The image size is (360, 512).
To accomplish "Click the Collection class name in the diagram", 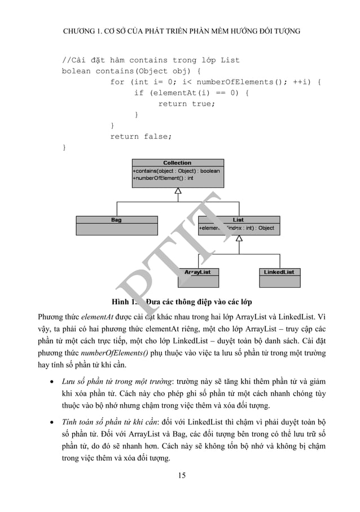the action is [177, 163].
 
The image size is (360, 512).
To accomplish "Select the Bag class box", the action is [116, 225].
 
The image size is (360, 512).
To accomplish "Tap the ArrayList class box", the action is [197, 276].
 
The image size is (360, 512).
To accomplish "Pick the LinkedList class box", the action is [279, 276].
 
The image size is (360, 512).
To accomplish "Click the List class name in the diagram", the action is [239, 220].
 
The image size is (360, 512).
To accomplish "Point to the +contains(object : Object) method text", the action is [176, 170].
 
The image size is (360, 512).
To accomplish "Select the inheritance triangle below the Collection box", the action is [177, 191].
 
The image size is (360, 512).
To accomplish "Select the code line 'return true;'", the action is [186, 103].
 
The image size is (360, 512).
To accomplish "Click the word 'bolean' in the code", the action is [76, 71].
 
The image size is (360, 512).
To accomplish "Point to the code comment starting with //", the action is [150, 60].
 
